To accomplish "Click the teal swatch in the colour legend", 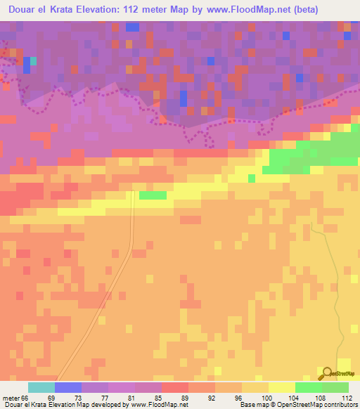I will point(41,387).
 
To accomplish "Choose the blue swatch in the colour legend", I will point(68,387).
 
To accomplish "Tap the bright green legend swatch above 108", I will point(309,387).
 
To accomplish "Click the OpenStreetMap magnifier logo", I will point(327,373).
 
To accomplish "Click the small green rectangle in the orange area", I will point(153,195).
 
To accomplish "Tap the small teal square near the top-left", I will point(33,61).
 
